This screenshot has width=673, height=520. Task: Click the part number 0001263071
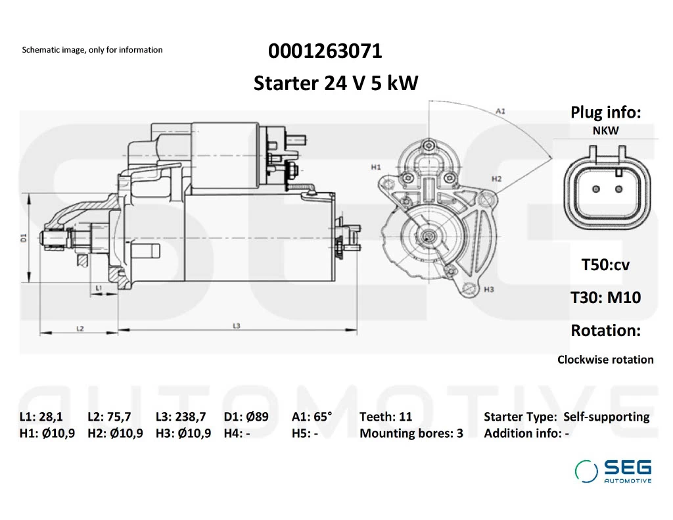[x=325, y=51]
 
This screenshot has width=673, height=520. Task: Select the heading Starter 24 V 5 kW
[x=335, y=83]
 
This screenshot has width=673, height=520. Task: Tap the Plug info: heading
[x=605, y=112]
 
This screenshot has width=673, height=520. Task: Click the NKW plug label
[x=605, y=130]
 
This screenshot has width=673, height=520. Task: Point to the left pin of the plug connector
[x=596, y=189]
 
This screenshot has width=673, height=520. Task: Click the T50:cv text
[x=605, y=265]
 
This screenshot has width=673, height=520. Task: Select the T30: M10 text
[x=605, y=297]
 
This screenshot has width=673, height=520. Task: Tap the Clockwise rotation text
[x=605, y=360]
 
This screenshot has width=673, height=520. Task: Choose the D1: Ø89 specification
[x=246, y=416]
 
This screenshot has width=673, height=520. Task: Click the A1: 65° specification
[x=312, y=416]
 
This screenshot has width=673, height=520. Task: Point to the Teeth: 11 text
[x=386, y=416]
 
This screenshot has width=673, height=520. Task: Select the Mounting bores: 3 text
[x=411, y=433]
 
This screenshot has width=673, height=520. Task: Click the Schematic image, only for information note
[x=92, y=50]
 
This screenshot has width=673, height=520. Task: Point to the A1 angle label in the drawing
[x=500, y=111]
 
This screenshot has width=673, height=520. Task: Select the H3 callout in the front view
[x=488, y=289]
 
